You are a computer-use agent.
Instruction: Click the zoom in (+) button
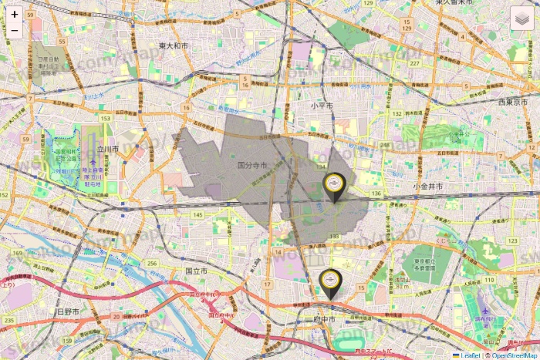point(15,14)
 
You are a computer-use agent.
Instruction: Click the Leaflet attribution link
point(470,355)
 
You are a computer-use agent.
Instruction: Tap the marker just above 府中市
point(329,283)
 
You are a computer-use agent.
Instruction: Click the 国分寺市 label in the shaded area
point(252,165)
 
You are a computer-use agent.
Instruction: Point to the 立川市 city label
point(108,149)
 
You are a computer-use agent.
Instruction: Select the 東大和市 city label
point(173,45)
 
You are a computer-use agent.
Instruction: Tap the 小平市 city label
point(322,105)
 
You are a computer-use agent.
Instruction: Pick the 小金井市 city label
point(427,187)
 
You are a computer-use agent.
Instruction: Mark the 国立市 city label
point(196,271)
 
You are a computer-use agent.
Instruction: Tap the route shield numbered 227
point(415,63)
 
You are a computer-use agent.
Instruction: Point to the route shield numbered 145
point(198,215)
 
